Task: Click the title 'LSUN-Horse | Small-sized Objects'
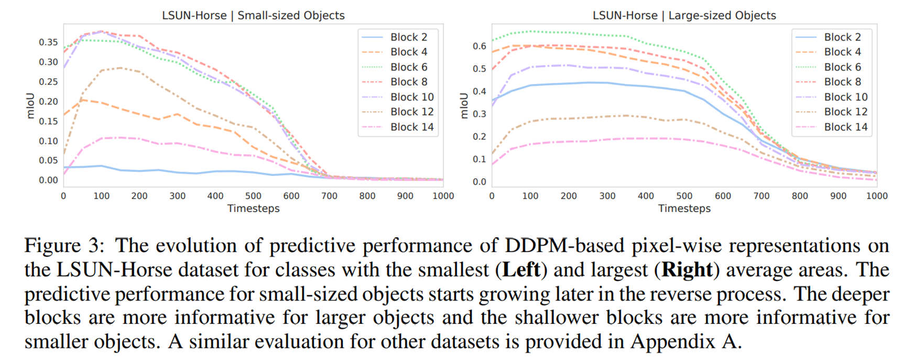(253, 15)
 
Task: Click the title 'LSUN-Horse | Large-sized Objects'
(684, 15)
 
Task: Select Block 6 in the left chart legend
(408, 67)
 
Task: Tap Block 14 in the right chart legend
(845, 127)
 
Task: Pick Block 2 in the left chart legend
(408, 37)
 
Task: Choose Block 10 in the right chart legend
(845, 97)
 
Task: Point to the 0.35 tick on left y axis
(48, 42)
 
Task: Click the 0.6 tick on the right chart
(479, 46)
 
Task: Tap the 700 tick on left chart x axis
(329, 196)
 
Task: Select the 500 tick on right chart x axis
(684, 196)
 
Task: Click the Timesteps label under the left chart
(253, 209)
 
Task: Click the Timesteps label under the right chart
(684, 209)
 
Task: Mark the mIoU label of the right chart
(464, 106)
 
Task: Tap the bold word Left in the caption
(521, 270)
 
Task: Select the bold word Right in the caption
(687, 270)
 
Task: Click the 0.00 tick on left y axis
(48, 180)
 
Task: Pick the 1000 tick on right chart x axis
(876, 196)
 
